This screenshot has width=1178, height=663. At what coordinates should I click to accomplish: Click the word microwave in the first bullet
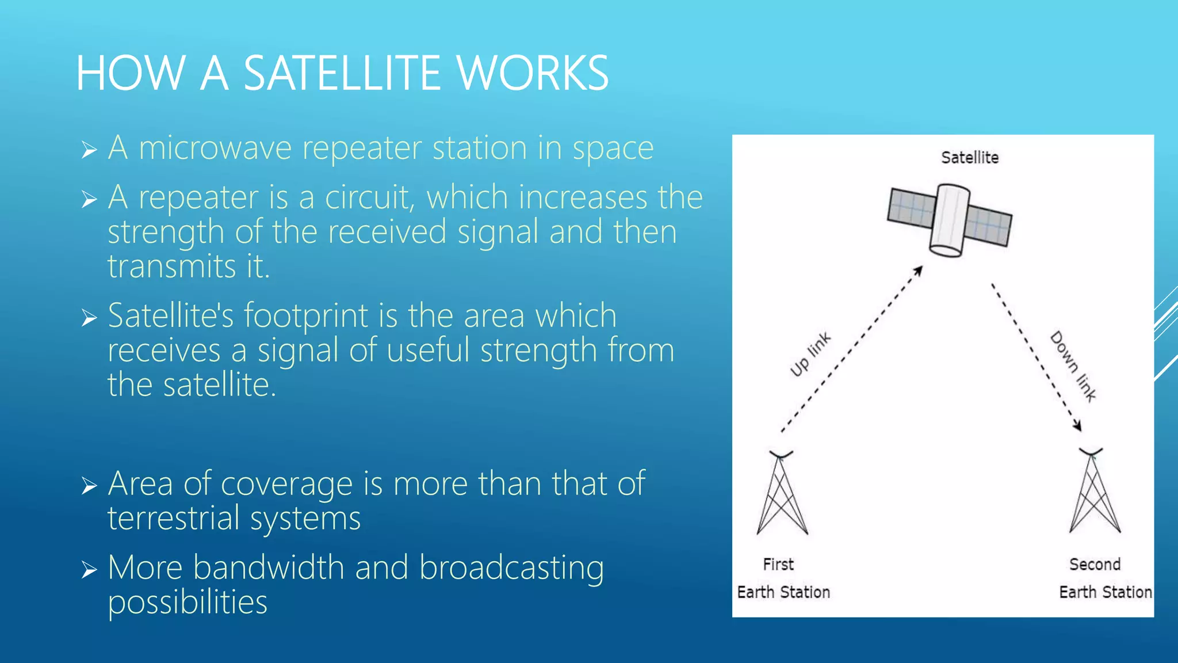point(215,148)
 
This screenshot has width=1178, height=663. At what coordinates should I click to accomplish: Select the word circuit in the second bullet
point(369,197)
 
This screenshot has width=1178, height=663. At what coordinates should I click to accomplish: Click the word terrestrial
point(173,518)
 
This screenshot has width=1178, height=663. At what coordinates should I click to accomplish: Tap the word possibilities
point(188,603)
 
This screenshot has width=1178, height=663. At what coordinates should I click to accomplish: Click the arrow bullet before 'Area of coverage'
point(89,486)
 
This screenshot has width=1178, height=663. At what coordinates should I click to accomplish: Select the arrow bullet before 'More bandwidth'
point(89,570)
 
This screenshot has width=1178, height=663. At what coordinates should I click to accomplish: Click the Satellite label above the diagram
point(969,158)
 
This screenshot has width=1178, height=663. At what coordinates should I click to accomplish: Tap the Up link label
point(810,355)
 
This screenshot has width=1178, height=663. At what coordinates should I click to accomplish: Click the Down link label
point(1073,366)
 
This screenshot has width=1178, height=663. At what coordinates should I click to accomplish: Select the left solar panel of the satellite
point(911,208)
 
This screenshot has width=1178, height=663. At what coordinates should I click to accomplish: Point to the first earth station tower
point(782,494)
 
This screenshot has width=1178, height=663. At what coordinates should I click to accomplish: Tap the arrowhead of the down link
point(1077,426)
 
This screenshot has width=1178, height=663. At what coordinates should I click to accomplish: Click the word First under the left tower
point(778,565)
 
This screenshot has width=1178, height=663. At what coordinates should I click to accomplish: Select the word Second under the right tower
point(1094,565)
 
